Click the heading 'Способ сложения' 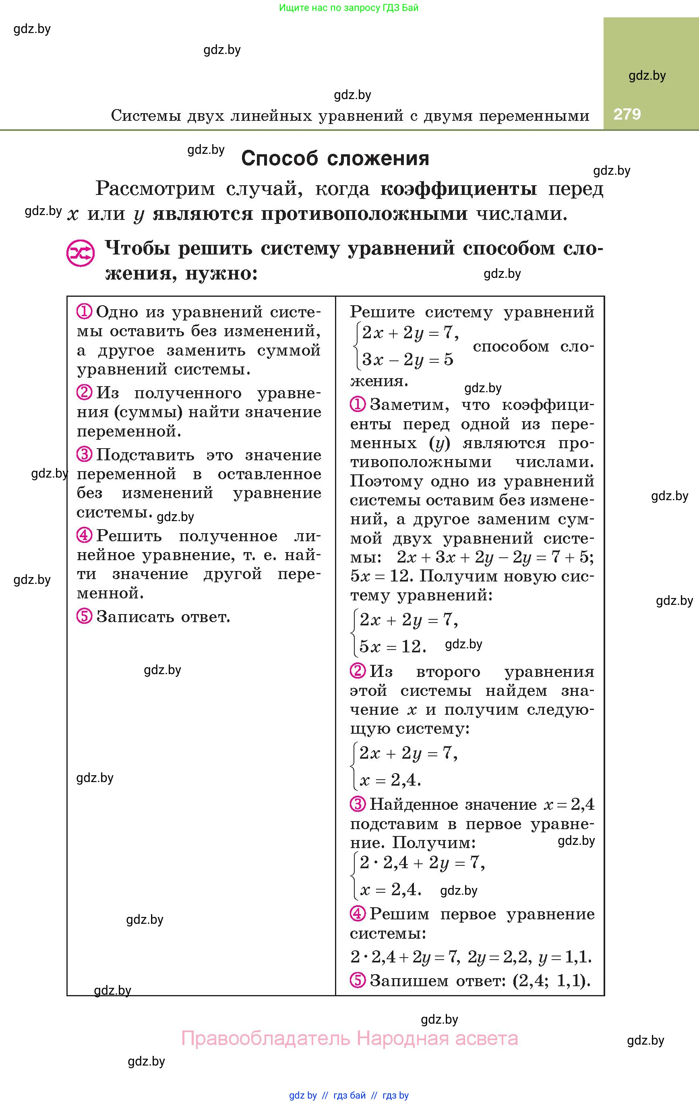(x=335, y=158)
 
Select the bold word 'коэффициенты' (x=459, y=188)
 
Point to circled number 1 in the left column (x=85, y=312)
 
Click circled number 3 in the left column (x=85, y=455)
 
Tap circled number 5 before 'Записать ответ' (x=85, y=616)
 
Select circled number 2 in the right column (x=358, y=671)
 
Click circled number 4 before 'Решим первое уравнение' (x=358, y=914)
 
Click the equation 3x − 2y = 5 (x=407, y=359)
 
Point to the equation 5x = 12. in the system (x=393, y=647)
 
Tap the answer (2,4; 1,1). (x=551, y=981)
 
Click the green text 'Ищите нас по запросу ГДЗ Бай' (x=349, y=8)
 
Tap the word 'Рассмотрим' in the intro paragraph (x=155, y=188)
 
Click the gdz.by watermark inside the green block (x=647, y=76)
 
